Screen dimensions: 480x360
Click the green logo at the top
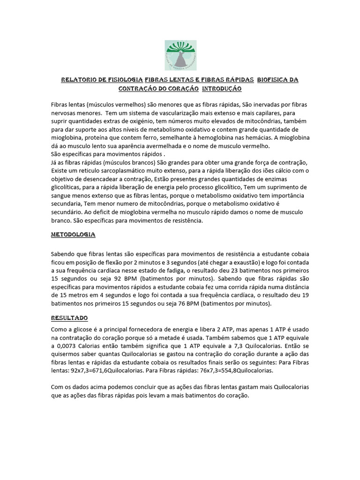point(180,54)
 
